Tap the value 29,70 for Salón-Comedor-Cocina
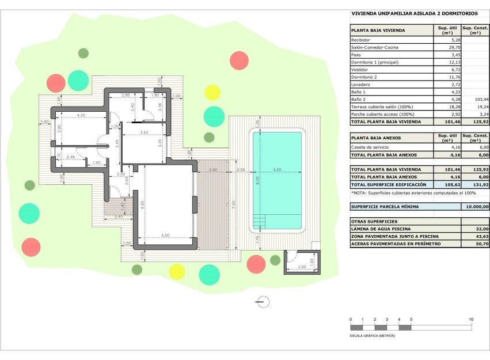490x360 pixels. (x=455, y=47)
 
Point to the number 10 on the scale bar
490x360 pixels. (x=470, y=319)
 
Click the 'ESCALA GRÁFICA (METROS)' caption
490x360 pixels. (x=373, y=335)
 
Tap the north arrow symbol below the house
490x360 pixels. (x=264, y=301)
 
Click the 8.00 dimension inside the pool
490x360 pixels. (x=259, y=180)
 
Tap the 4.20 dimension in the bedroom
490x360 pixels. (x=81, y=115)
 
